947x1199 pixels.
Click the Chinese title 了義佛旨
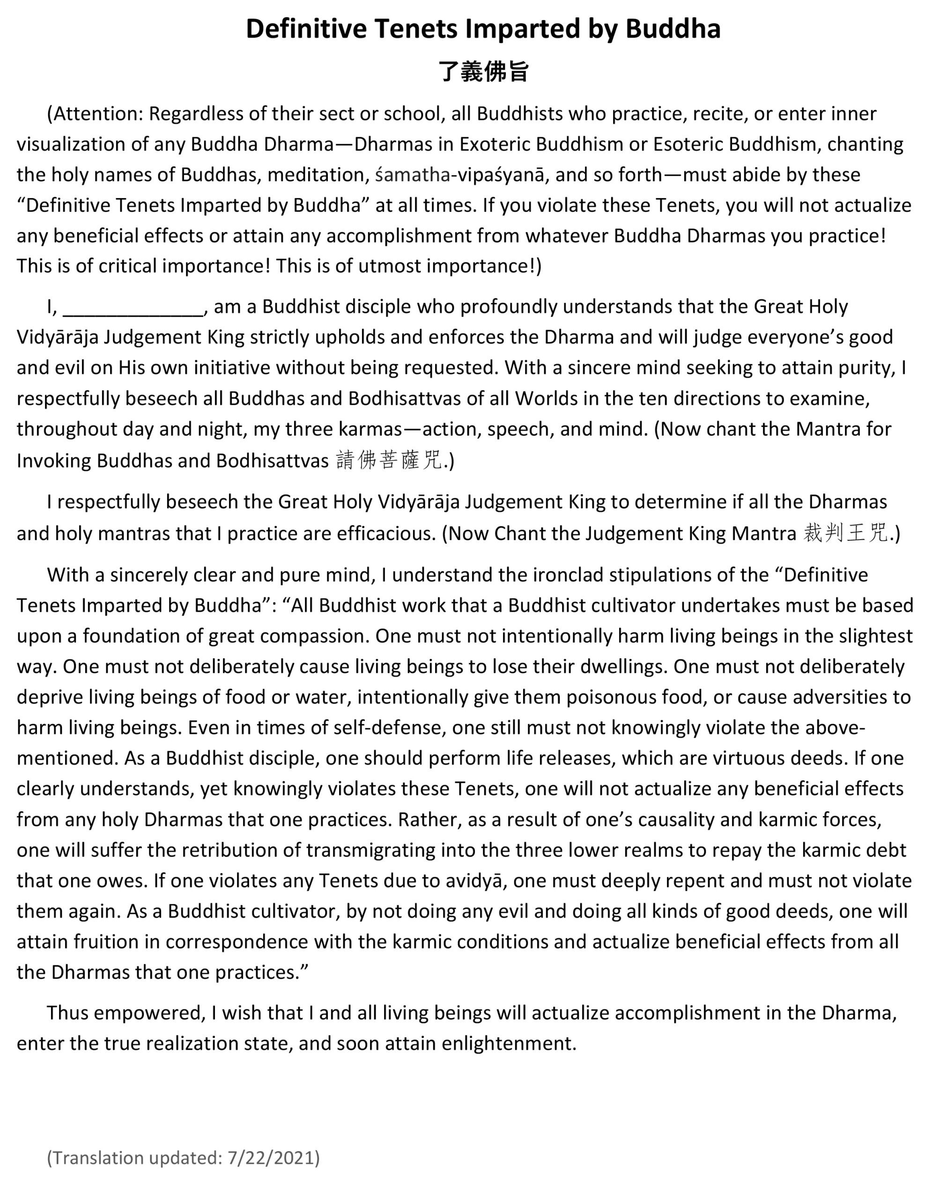(x=483, y=72)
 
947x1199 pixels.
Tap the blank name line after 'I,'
(x=133, y=308)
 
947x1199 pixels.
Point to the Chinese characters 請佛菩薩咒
(x=389, y=460)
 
